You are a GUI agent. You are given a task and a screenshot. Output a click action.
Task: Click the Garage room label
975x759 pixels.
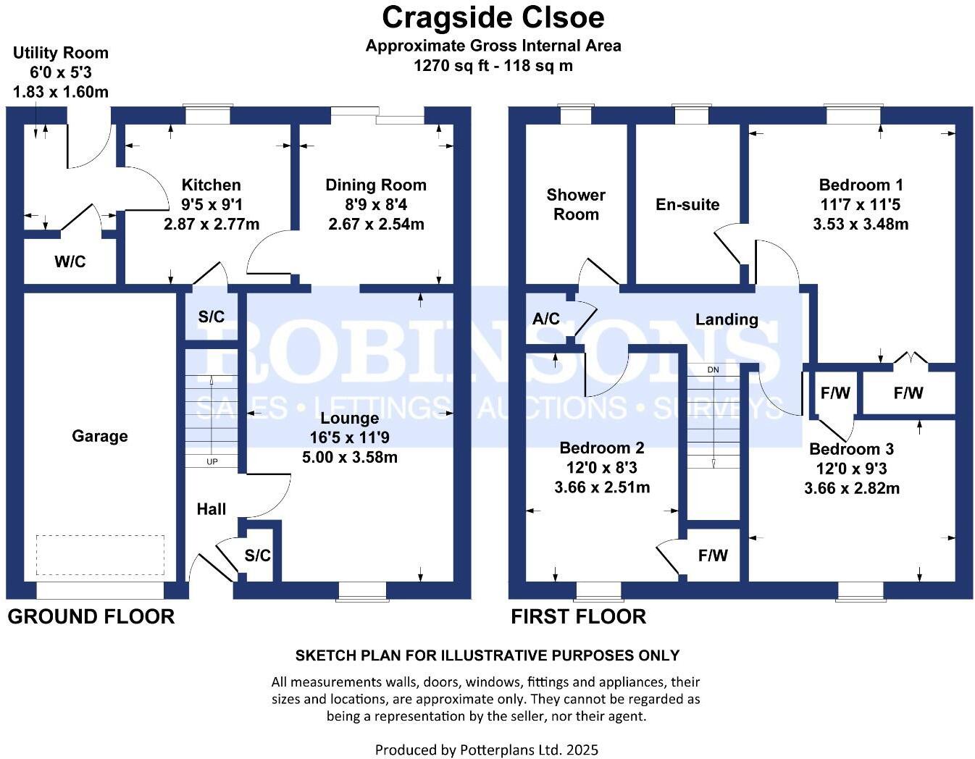[x=100, y=436]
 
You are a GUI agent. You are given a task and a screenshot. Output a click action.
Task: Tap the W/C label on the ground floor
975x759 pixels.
[x=70, y=261]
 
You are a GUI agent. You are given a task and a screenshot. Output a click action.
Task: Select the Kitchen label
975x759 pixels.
[x=211, y=185]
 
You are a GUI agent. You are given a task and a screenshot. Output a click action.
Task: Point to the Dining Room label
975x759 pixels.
[x=375, y=185]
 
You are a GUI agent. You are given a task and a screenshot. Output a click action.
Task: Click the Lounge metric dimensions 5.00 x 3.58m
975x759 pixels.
[x=350, y=457]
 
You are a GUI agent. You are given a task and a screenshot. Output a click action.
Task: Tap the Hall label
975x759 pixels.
[x=212, y=509]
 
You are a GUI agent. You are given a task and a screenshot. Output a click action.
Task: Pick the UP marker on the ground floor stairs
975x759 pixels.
[x=212, y=461]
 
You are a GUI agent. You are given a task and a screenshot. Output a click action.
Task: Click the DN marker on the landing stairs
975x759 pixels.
[x=714, y=369]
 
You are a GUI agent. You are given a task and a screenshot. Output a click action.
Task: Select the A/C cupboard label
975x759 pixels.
[x=546, y=319]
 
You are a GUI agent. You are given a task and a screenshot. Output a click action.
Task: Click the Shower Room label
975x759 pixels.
[x=576, y=204]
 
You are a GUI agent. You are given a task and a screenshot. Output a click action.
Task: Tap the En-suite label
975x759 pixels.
[x=687, y=204]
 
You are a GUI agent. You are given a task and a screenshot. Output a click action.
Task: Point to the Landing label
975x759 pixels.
[x=727, y=319]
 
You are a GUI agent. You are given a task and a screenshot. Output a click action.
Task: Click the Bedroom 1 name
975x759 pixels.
[x=861, y=185]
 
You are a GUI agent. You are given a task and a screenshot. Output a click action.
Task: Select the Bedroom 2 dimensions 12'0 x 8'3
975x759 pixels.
[x=601, y=468]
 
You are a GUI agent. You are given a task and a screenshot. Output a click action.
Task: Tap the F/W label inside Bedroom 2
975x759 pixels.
[x=713, y=555]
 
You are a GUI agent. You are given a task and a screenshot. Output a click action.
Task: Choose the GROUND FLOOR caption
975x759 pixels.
[x=91, y=616]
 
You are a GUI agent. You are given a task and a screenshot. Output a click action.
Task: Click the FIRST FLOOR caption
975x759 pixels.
[x=578, y=616]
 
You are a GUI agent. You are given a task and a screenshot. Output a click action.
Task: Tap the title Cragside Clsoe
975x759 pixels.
[x=493, y=17]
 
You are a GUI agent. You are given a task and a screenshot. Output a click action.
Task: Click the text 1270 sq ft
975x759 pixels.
[x=451, y=65]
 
